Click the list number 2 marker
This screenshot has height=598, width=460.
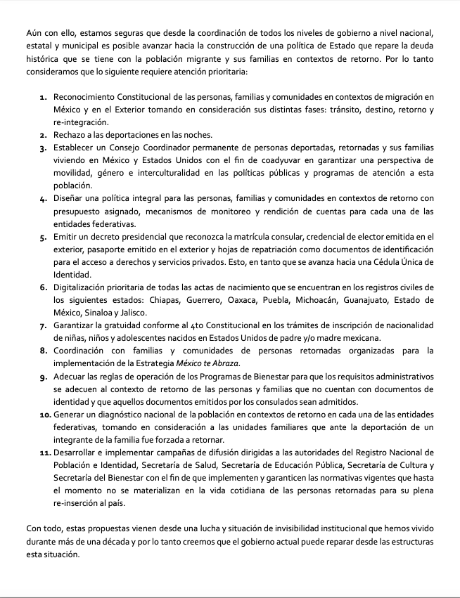click(x=44, y=135)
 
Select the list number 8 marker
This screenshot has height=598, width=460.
click(x=44, y=350)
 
